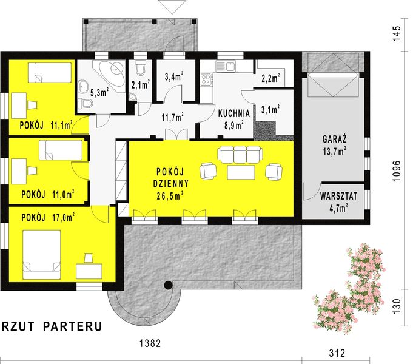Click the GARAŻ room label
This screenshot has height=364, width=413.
click(334, 140)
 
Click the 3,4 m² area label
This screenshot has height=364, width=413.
click(175, 77)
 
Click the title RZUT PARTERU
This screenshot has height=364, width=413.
click(51, 326)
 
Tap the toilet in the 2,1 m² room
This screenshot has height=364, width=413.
click(140, 64)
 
